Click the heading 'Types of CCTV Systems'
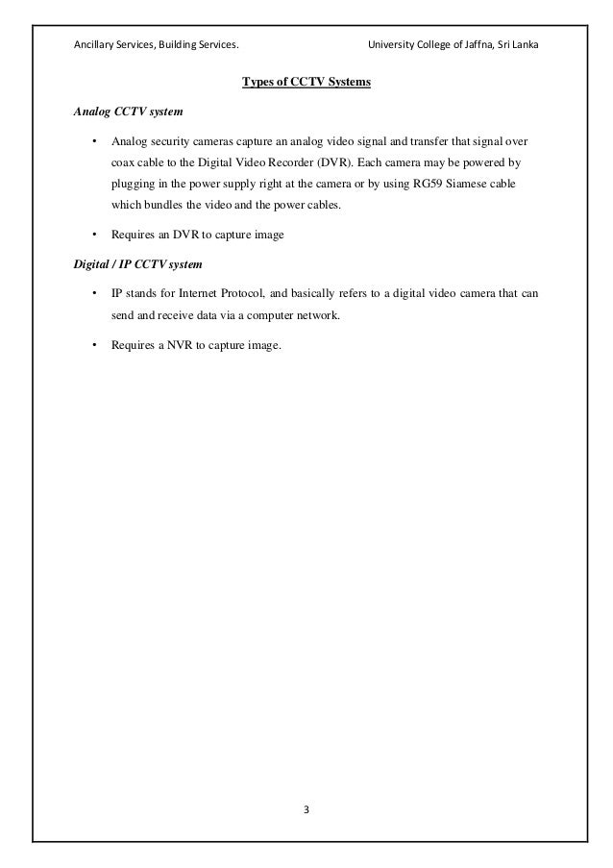coord(306,82)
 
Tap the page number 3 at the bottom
coord(306,807)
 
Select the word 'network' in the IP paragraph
coord(317,314)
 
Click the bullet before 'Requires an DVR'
coord(93,234)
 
